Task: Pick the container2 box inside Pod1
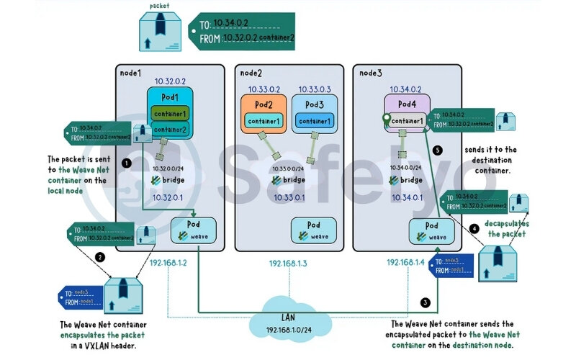pos(169,130)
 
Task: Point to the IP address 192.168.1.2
pos(168,263)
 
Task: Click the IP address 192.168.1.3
pos(289,264)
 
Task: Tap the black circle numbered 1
pos(127,163)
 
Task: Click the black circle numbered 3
pos(426,302)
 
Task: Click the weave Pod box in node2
pos(314,230)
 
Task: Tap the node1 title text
pos(130,73)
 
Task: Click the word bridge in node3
pos(410,180)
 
